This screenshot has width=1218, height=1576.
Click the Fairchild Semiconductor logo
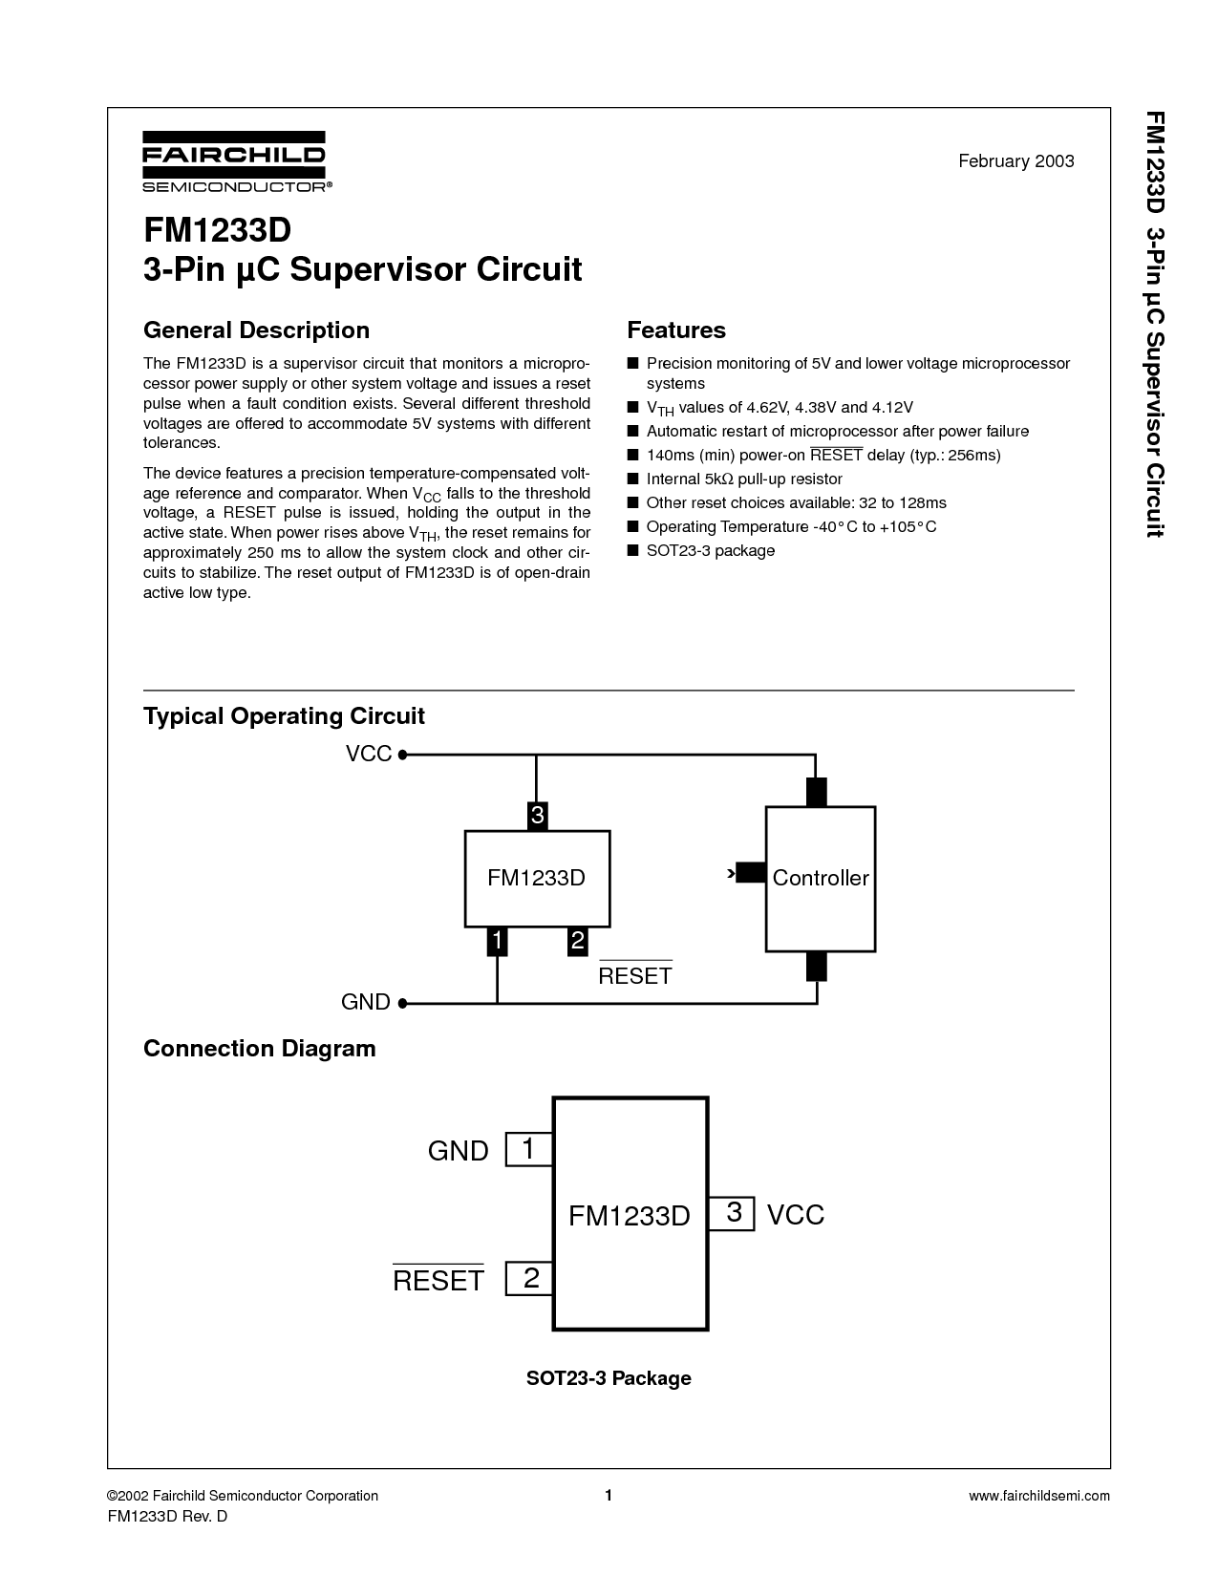pyautogui.click(x=237, y=161)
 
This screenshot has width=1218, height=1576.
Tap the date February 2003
pyautogui.click(x=1015, y=161)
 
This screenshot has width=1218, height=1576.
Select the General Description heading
pyautogui.click(x=256, y=330)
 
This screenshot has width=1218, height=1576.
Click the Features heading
pyautogui.click(x=676, y=330)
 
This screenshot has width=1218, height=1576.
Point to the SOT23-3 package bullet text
pyautogui.click(x=710, y=550)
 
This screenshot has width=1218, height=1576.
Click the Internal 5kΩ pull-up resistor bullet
pyautogui.click(x=744, y=479)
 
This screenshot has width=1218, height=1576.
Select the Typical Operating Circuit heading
pyautogui.click(x=284, y=715)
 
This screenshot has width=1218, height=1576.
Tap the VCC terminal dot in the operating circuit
pyautogui.click(x=402, y=755)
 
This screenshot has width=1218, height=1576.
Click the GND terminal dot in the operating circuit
pyautogui.click(x=402, y=1003)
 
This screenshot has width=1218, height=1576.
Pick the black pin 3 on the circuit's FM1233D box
pyautogui.click(x=537, y=816)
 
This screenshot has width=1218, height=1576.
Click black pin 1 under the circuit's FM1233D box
pyautogui.click(x=497, y=942)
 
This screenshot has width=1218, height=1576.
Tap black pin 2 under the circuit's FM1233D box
pyautogui.click(x=577, y=942)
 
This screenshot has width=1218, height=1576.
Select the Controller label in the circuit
pyautogui.click(x=821, y=878)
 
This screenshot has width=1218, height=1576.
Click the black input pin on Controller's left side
pyautogui.click(x=751, y=872)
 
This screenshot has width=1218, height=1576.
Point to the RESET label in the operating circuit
pyautogui.click(x=635, y=974)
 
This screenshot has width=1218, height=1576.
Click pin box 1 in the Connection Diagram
pyautogui.click(x=529, y=1149)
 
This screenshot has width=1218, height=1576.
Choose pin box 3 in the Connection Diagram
pyautogui.click(x=731, y=1213)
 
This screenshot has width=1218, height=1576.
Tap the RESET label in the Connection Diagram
pyautogui.click(x=438, y=1279)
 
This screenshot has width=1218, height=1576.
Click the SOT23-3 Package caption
pyautogui.click(x=609, y=1378)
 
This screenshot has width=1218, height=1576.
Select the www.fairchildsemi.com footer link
pyautogui.click(x=1038, y=1496)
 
